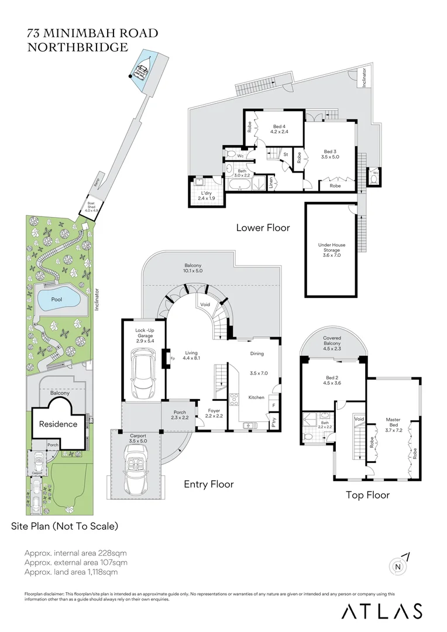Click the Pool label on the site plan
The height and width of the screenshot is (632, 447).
pos(56,299)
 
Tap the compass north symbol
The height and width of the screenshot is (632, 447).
pos(398,566)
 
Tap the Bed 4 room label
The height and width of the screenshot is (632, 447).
pos(280,129)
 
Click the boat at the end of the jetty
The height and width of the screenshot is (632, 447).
pos(140,71)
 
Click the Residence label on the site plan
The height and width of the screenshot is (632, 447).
pos(58,424)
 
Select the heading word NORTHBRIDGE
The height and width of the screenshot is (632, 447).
pos(77,47)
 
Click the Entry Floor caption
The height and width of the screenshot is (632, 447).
pos(208,484)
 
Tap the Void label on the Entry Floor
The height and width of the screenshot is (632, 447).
pos(205,305)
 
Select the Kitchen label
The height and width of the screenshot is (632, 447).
pos(256,397)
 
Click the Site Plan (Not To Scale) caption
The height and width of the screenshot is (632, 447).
pos(64,526)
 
